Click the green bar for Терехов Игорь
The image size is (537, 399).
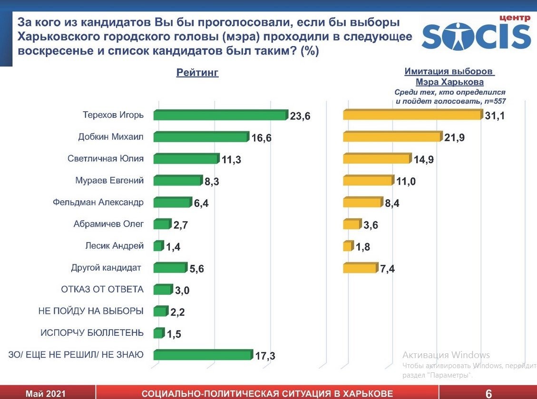(220, 116)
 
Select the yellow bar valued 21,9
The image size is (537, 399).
(391, 137)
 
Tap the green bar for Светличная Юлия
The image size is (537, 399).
(186, 159)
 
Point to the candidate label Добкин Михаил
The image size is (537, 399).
(111, 137)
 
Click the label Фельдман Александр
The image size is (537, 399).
(98, 202)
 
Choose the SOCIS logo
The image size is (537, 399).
(476, 33)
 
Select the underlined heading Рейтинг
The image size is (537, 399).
(197, 73)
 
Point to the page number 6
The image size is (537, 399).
(488, 393)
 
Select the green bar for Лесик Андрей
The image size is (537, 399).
(158, 246)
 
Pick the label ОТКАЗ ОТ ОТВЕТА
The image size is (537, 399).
(102, 289)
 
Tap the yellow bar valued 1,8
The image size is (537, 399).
(348, 246)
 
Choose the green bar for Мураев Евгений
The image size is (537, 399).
(177, 181)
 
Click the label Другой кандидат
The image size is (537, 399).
(106, 268)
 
